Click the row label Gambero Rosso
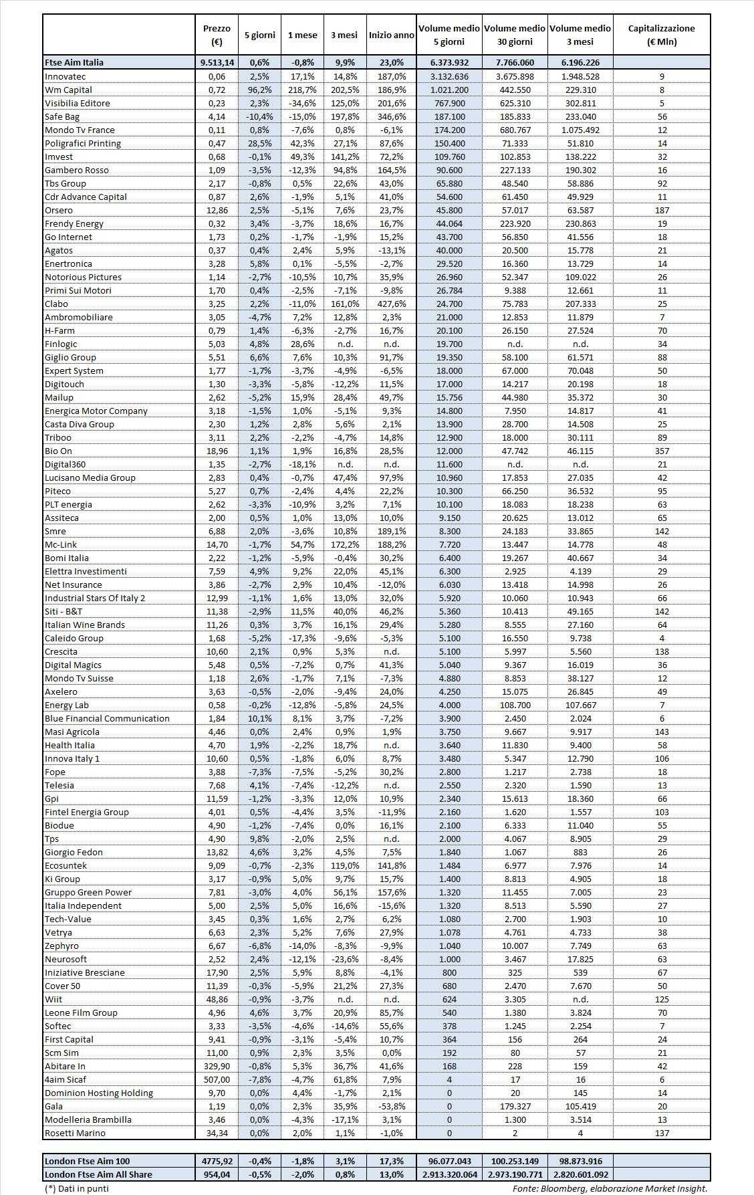click(x=72, y=170)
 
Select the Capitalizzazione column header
click(x=661, y=35)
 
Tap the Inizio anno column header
click(x=391, y=35)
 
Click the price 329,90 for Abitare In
click(x=217, y=1066)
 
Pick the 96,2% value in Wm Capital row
click(x=259, y=90)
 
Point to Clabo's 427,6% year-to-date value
click(x=391, y=304)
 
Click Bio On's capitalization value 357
click(x=662, y=451)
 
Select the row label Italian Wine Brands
click(x=85, y=625)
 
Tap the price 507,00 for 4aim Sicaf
click(x=217, y=1079)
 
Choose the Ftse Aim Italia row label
click(x=74, y=62)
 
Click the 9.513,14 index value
click(x=217, y=62)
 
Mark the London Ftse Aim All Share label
click(x=98, y=1174)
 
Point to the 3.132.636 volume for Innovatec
click(x=449, y=76)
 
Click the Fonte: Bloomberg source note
click(x=610, y=1188)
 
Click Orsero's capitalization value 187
click(x=662, y=210)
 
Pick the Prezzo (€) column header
click(x=217, y=35)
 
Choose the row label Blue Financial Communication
click(x=107, y=718)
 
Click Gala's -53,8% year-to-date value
click(x=391, y=1106)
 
